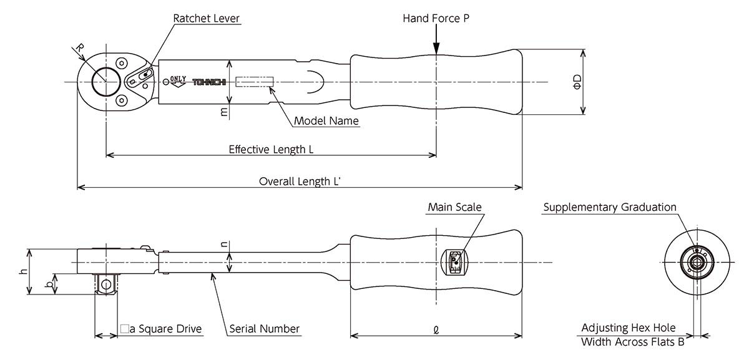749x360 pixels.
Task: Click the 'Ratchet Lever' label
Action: [x=207, y=18]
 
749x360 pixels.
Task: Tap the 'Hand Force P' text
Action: [x=436, y=18]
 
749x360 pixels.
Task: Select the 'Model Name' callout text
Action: [x=326, y=120]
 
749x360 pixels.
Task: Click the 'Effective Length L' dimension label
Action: [x=271, y=149]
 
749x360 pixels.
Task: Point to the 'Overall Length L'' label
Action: [x=300, y=182]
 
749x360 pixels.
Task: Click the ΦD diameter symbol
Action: [x=577, y=82]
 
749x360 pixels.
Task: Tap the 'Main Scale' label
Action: [x=455, y=207]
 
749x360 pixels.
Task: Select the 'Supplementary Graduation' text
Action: [x=610, y=207]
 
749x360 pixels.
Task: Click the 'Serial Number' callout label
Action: [x=264, y=329]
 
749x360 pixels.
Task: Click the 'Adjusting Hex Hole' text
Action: [x=629, y=328]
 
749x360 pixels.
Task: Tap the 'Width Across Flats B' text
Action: [x=633, y=342]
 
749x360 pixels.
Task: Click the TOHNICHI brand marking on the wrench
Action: [x=209, y=82]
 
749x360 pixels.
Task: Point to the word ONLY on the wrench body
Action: [x=178, y=79]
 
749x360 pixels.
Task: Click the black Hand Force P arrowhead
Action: [x=436, y=48]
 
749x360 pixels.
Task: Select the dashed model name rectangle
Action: [x=255, y=82]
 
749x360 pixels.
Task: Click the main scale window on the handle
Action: [x=454, y=263]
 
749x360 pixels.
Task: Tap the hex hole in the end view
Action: [x=697, y=263]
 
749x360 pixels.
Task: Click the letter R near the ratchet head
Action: [x=79, y=48]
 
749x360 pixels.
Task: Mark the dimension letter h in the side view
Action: [x=24, y=271]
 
